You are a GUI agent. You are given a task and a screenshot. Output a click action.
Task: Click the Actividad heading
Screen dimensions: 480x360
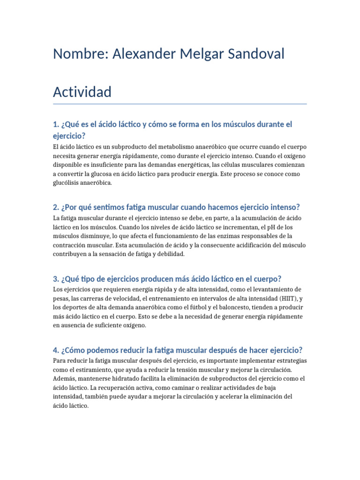(82, 92)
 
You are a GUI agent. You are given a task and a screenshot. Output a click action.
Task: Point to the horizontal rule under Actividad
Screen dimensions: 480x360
(180, 104)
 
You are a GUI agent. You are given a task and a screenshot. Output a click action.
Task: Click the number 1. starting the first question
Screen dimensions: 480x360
(56, 124)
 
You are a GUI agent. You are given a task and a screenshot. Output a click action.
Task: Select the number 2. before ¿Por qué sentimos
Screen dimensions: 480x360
(56, 207)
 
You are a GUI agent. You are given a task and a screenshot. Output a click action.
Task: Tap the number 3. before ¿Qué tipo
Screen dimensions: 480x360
(56, 278)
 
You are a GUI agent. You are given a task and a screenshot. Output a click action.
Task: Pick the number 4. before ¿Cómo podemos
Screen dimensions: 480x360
(56, 350)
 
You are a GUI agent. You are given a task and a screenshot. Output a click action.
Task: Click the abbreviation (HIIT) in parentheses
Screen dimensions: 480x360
(288, 298)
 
